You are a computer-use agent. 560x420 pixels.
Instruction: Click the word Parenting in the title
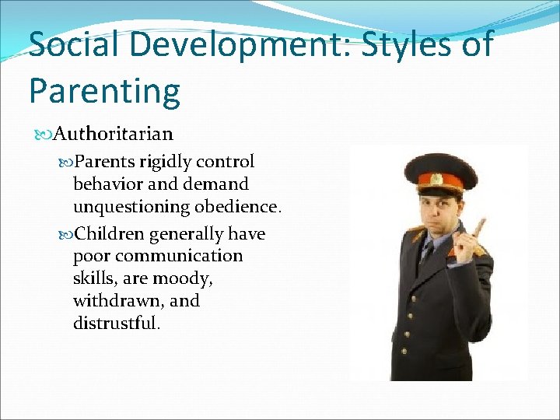pyautogui.click(x=104, y=92)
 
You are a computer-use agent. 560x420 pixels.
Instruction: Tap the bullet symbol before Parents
pyautogui.click(x=66, y=163)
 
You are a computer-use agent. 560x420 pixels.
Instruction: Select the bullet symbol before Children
pyautogui.click(x=66, y=234)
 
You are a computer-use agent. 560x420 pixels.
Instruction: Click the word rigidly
pyautogui.click(x=165, y=162)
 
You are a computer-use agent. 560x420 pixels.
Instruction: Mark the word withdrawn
pyautogui.click(x=114, y=300)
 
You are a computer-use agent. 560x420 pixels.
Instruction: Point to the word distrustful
pyautogui.click(x=116, y=322)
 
